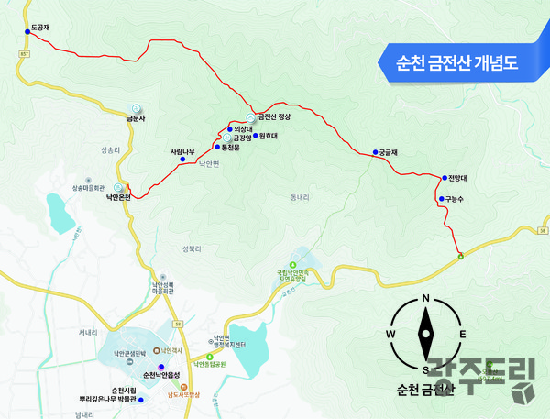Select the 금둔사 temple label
point(137,117)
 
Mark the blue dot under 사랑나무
point(182,160)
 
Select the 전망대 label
point(458,177)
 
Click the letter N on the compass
point(426,300)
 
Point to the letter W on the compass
point(391,334)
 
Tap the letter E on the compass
point(463,334)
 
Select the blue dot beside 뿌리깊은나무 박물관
point(140,400)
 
